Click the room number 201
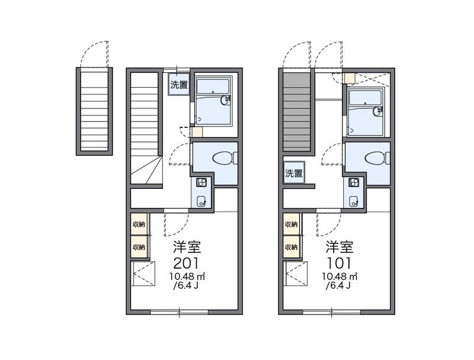(186, 263)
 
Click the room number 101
(339, 263)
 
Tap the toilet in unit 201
(225, 158)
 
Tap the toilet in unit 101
(377, 158)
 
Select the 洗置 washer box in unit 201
(179, 85)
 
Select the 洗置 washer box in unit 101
(294, 173)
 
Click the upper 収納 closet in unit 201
(139, 224)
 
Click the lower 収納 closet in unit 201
(139, 247)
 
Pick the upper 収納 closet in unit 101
(292, 224)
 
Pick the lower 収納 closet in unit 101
(292, 247)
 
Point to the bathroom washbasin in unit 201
(225, 100)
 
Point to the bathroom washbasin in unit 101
(378, 111)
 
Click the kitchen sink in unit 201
(201, 201)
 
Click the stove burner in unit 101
(353, 182)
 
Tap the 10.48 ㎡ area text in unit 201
(187, 276)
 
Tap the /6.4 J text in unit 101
(338, 285)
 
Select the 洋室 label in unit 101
(339, 247)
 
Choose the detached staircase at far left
(94, 111)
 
